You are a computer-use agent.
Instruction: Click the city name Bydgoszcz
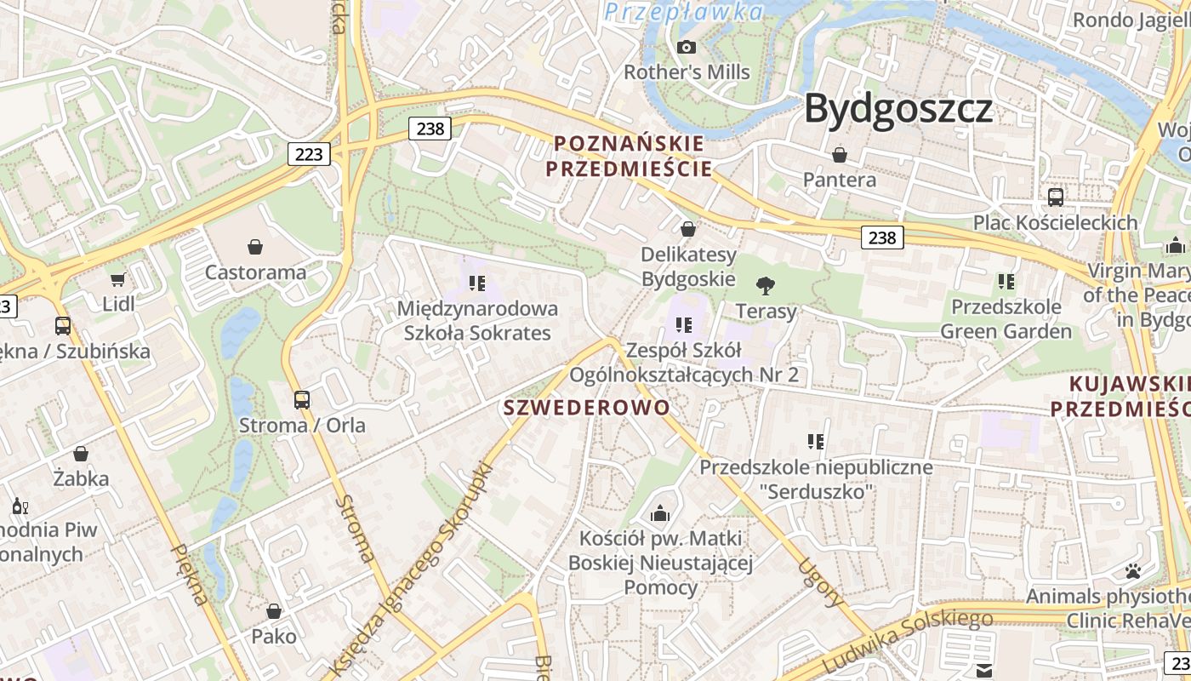click(x=898, y=109)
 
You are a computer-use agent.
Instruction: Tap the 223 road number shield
click(x=309, y=153)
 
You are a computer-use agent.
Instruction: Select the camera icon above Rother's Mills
click(x=687, y=48)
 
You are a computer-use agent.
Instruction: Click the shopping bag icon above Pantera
click(x=840, y=155)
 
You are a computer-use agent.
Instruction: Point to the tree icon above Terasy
click(x=766, y=285)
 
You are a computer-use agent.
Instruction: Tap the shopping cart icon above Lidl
click(x=118, y=279)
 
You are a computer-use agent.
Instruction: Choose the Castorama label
click(x=255, y=272)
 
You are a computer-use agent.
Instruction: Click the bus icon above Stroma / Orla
click(x=302, y=399)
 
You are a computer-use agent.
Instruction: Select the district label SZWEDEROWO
click(x=587, y=408)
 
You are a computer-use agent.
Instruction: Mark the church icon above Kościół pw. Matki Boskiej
click(x=660, y=513)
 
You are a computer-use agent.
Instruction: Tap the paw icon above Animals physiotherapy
click(x=1132, y=570)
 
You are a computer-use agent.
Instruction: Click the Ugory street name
click(x=822, y=582)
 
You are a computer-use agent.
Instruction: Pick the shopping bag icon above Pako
click(x=274, y=611)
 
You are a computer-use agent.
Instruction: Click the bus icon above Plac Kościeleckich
click(x=1056, y=197)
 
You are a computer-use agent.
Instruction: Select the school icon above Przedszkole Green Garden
click(x=1006, y=281)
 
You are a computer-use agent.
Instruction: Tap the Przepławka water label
click(x=684, y=12)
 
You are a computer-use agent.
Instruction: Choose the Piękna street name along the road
click(x=189, y=575)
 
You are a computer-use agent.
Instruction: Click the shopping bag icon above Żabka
click(x=81, y=454)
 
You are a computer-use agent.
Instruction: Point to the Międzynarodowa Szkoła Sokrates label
click(x=477, y=320)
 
